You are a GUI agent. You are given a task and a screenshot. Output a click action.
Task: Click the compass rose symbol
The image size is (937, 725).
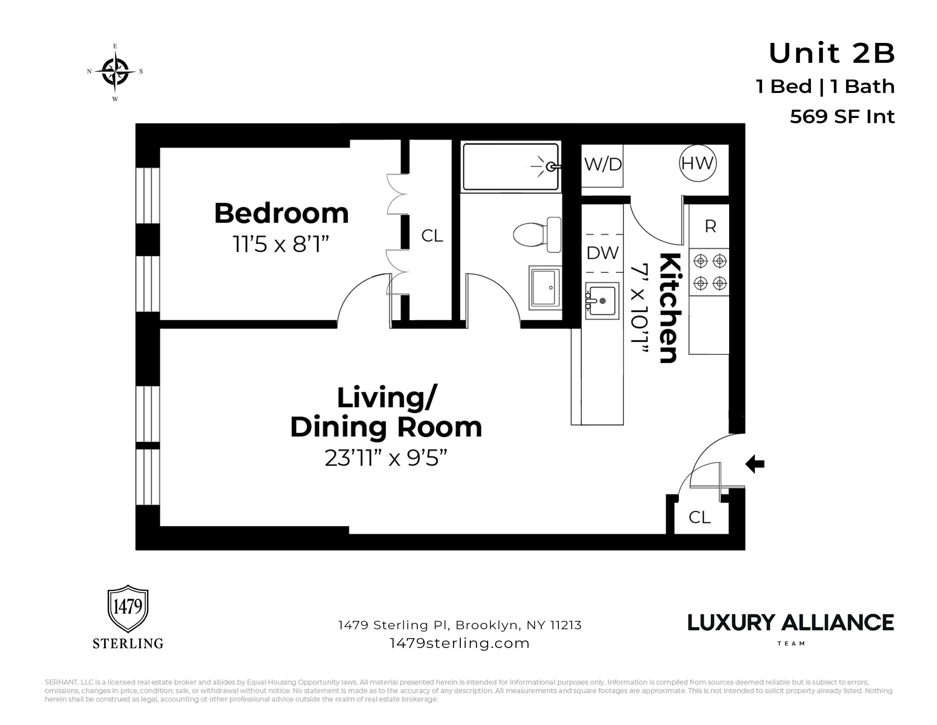point(115,72)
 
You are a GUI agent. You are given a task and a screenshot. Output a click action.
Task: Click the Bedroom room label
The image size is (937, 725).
point(281,214)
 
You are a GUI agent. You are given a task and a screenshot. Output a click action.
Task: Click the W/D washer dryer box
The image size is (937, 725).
point(602,165)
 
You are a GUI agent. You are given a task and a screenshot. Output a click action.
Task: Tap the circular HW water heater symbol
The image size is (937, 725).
point(698,163)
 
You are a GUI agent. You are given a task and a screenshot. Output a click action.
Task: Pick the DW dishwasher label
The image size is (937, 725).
point(602,253)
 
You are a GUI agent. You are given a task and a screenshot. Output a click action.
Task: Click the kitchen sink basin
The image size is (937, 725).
point(602,301)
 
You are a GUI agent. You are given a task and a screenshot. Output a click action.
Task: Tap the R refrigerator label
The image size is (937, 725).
point(710,226)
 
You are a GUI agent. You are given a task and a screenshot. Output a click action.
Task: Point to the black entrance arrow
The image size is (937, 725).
point(755,464)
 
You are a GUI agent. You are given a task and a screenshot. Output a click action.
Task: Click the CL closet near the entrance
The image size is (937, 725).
point(699,517)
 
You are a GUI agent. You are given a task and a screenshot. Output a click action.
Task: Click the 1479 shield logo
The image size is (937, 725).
point(127,608)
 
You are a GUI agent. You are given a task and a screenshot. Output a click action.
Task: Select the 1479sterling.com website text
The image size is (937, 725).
point(459,643)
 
